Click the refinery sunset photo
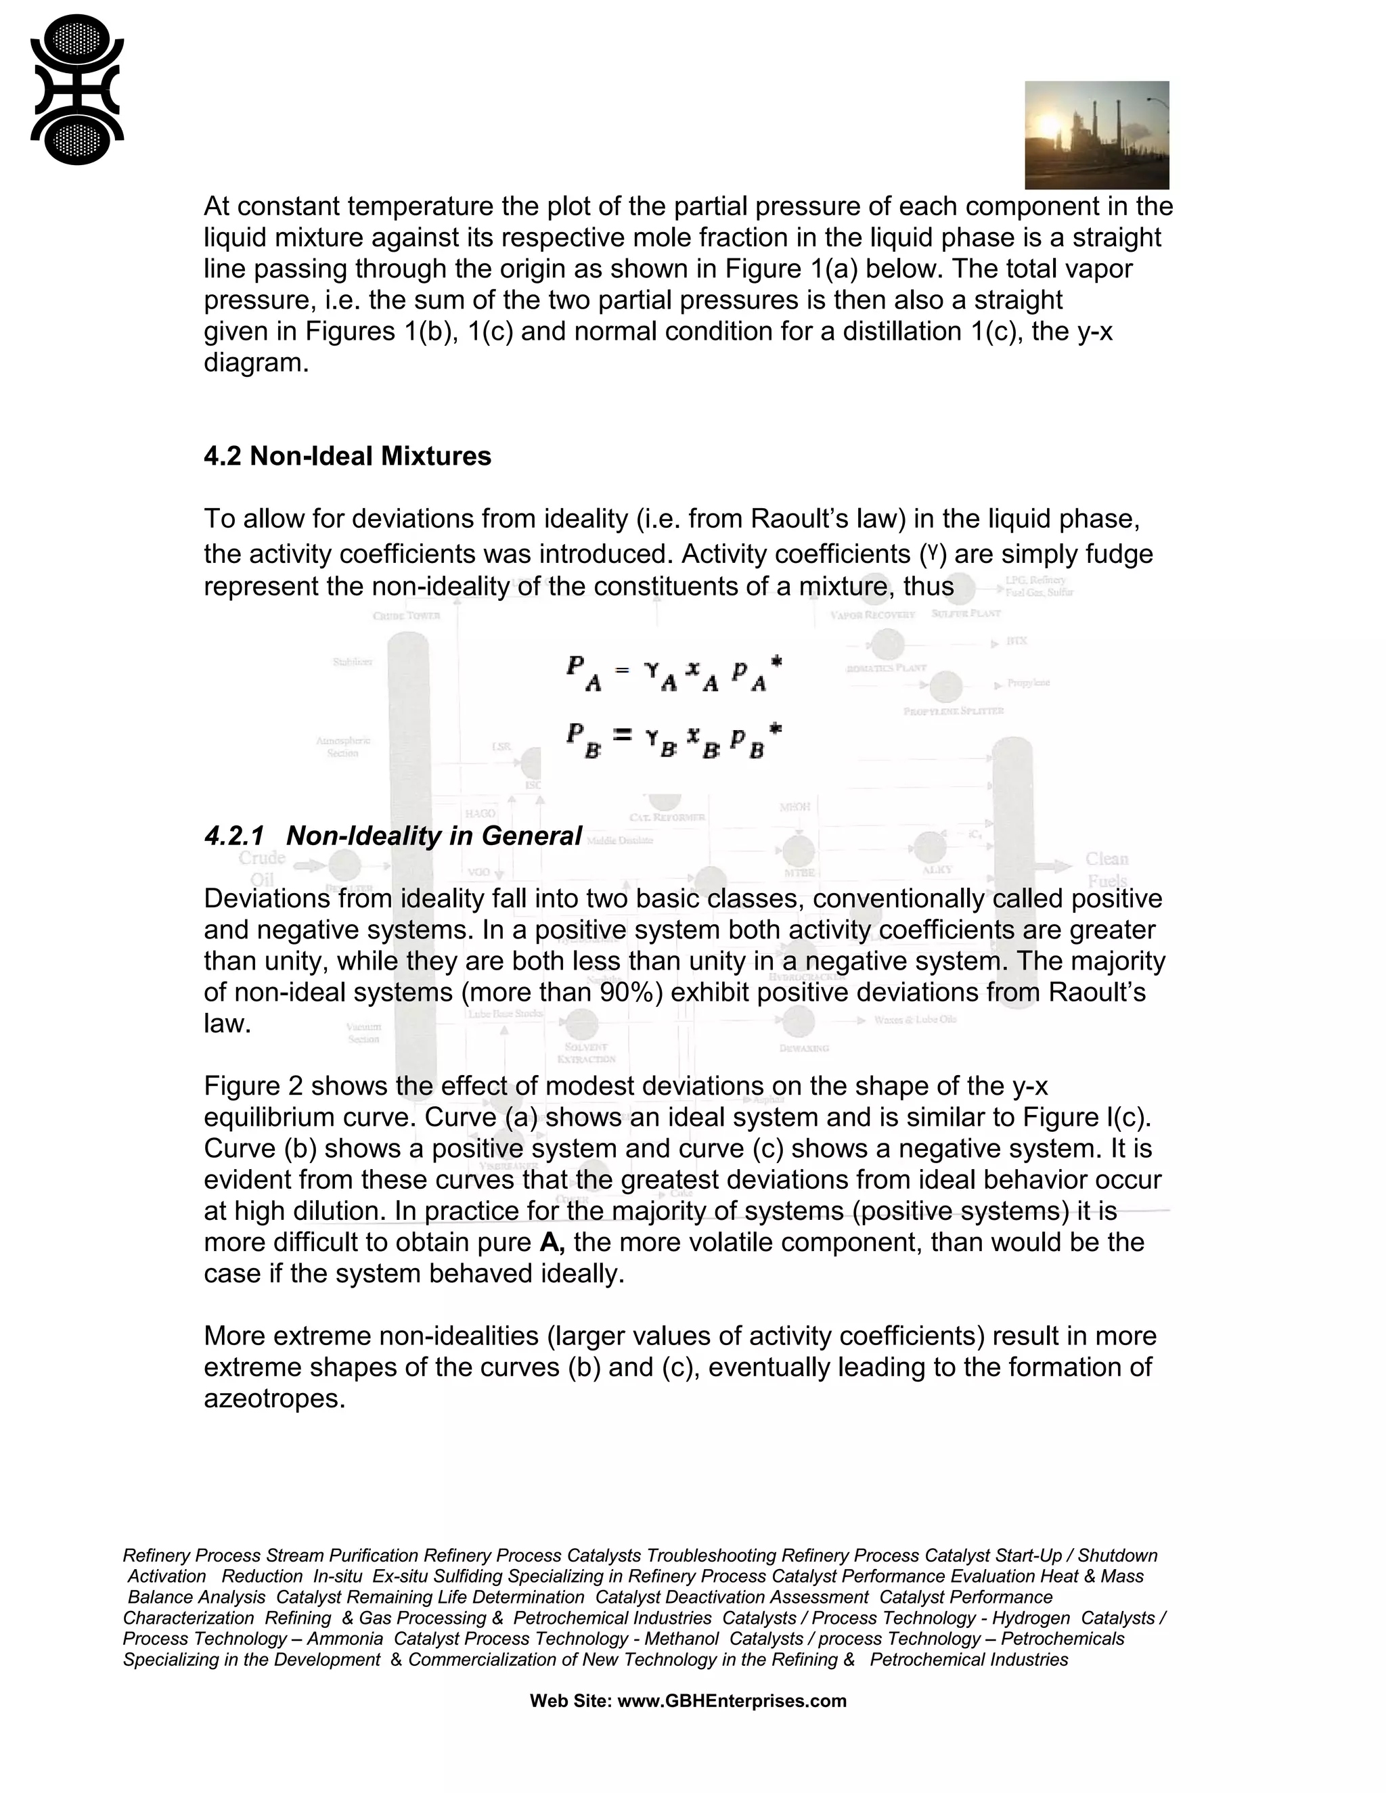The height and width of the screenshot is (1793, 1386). point(1096,135)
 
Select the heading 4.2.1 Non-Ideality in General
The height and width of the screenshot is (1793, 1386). point(393,836)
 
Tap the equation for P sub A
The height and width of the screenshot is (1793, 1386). point(673,673)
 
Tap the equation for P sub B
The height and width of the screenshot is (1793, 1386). point(673,739)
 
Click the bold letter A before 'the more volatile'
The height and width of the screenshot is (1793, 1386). point(552,1242)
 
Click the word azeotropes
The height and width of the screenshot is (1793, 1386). point(274,1398)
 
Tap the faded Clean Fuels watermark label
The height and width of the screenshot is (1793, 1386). point(1106,869)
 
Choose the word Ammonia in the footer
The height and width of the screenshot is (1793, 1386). point(346,1638)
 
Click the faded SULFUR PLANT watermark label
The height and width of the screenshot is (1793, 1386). point(966,613)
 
